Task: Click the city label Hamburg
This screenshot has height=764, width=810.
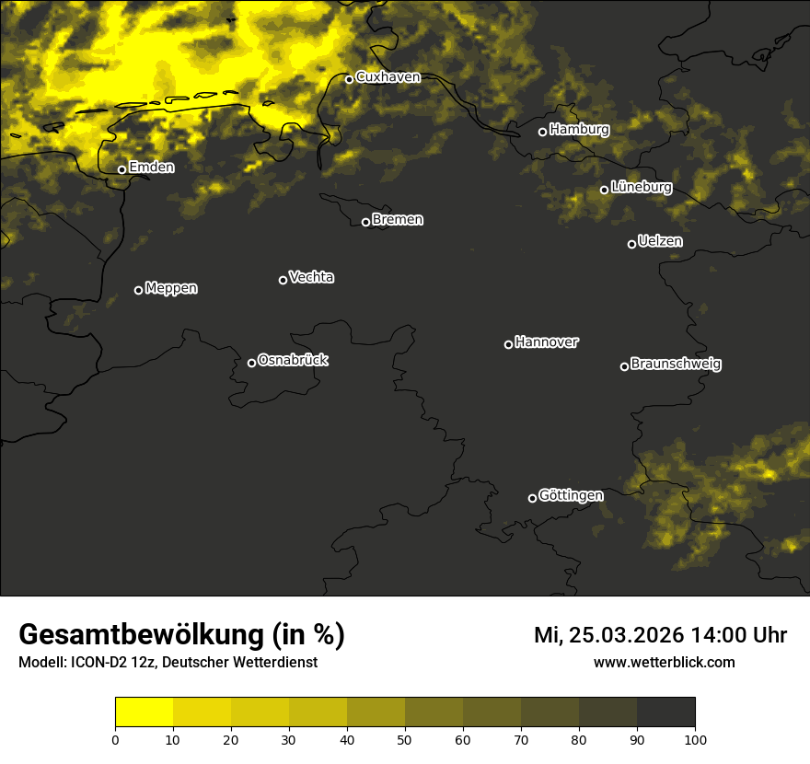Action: (579, 130)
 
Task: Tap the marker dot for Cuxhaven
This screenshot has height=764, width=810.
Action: (349, 79)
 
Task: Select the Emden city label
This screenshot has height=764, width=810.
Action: (151, 167)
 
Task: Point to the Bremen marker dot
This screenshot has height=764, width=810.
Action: (365, 222)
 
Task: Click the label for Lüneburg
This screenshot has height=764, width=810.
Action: (641, 187)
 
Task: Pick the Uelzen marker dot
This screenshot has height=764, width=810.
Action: (631, 244)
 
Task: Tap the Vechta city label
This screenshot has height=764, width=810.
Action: (311, 277)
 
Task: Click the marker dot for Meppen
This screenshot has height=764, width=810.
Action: (138, 290)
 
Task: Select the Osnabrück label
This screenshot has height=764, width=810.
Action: (293, 360)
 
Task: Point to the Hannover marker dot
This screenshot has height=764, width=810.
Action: (508, 344)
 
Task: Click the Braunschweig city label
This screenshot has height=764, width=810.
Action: (676, 364)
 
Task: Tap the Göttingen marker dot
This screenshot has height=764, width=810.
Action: (532, 498)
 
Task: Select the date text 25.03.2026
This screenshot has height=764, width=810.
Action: (626, 635)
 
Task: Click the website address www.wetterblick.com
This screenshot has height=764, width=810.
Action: (664, 662)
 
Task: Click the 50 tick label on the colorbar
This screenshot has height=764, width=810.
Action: (405, 739)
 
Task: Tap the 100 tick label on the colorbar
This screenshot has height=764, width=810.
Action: (695, 739)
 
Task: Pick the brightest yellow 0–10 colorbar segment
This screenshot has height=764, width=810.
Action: (145, 712)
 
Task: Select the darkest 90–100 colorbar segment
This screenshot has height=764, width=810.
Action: (665, 712)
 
